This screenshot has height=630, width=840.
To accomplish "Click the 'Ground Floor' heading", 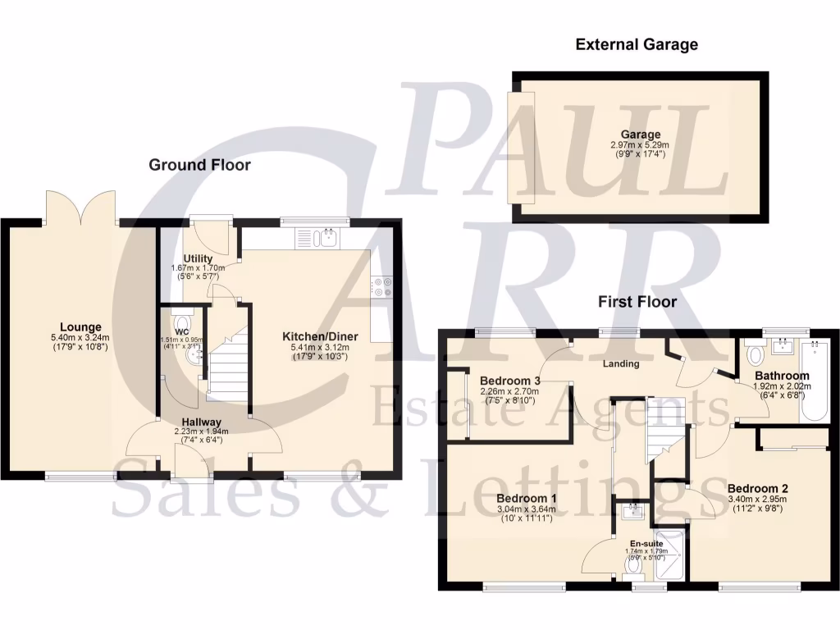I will tap(199, 165).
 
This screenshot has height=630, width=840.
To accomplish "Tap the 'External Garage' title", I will tap(637, 44).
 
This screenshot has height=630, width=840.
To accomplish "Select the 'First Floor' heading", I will tap(637, 302).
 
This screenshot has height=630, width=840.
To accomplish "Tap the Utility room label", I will tap(199, 259).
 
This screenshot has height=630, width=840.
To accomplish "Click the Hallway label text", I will tap(202, 422).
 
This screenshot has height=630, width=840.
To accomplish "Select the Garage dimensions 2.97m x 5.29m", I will tap(640, 145).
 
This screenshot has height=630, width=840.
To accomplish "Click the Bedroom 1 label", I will tap(527, 498).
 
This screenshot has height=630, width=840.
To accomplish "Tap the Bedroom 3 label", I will tap(510, 381).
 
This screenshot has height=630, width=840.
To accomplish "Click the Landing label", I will tap(621, 363).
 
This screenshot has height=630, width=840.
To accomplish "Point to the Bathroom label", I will tap(782, 376).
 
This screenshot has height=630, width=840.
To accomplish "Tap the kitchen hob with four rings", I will tap(381, 287).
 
